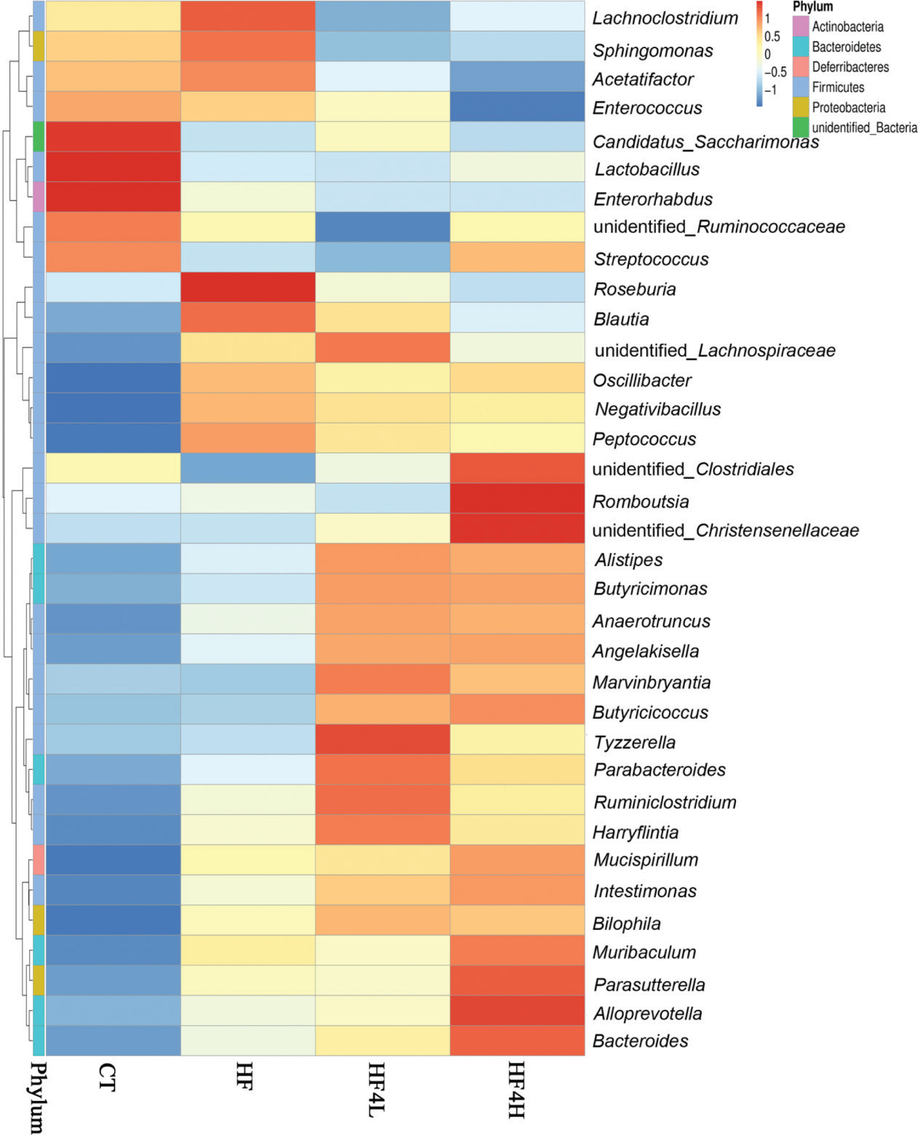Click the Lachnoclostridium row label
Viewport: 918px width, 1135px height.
(x=664, y=18)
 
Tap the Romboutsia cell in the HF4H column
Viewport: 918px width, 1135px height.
(x=517, y=498)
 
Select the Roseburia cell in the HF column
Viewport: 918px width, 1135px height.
(x=248, y=287)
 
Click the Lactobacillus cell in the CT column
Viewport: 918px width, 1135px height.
(x=113, y=167)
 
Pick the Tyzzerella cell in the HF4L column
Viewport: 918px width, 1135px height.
(x=382, y=738)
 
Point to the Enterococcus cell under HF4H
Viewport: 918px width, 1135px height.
(x=517, y=106)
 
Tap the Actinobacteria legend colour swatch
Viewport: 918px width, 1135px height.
(x=801, y=26)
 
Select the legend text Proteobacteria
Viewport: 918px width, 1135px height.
(x=848, y=108)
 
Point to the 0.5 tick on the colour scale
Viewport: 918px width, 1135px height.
(x=772, y=36)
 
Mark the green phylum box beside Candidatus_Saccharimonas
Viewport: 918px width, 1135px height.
(x=39, y=136)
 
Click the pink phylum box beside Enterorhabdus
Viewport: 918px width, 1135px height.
(x=39, y=196)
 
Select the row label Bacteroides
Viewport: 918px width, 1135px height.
(x=640, y=1041)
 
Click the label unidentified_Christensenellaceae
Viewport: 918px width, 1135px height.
(x=725, y=530)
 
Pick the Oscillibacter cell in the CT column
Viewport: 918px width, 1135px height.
(x=113, y=377)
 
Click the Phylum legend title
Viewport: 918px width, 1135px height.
(x=812, y=7)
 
